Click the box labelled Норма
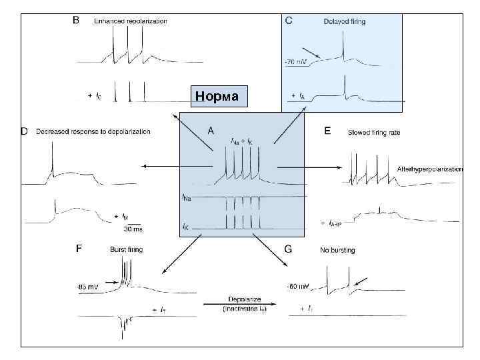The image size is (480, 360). coord(218,97)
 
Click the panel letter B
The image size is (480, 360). coord(76,21)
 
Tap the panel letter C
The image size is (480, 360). coord(289,21)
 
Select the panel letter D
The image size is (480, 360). coord(25,131)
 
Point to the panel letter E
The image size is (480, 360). coord(327,131)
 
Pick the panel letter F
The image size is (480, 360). coord(79,249)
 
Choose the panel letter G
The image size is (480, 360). coord(288,249)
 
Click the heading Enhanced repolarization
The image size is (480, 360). coord(131,21)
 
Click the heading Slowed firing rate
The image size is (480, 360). coord(374,133)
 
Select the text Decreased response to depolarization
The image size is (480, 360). coord(93,132)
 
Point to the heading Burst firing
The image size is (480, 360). coord(126,249)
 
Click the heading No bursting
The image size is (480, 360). coord(337,250)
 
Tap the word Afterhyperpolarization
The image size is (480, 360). coord(429,169)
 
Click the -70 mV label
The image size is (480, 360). coord(296,63)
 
